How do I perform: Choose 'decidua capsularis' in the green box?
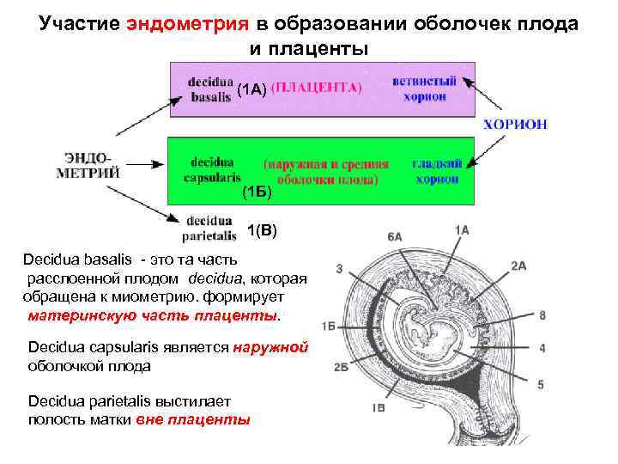point(211,170)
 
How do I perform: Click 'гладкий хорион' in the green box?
point(436,170)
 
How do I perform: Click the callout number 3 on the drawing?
point(340,270)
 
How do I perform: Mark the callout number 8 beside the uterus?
point(542,315)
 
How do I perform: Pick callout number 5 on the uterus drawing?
point(540,385)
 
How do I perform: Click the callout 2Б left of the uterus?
point(341,367)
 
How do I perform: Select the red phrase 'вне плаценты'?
point(209,420)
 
